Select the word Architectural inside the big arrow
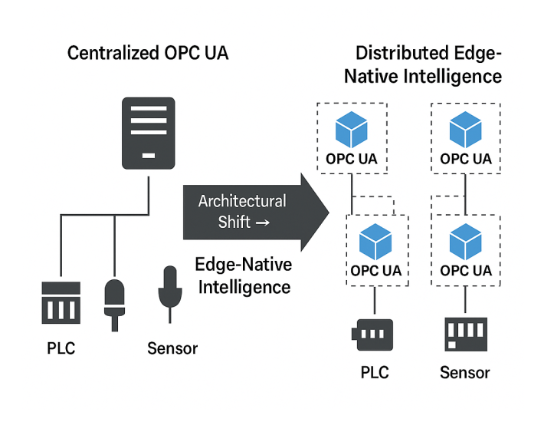242,201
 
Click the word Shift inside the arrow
234,222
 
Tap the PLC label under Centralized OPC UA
61,348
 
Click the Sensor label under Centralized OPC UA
172,348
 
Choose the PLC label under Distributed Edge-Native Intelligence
375,373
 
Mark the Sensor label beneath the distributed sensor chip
465,373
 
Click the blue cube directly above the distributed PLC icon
375,240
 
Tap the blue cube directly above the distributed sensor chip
466,240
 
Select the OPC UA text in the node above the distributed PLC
375,271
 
